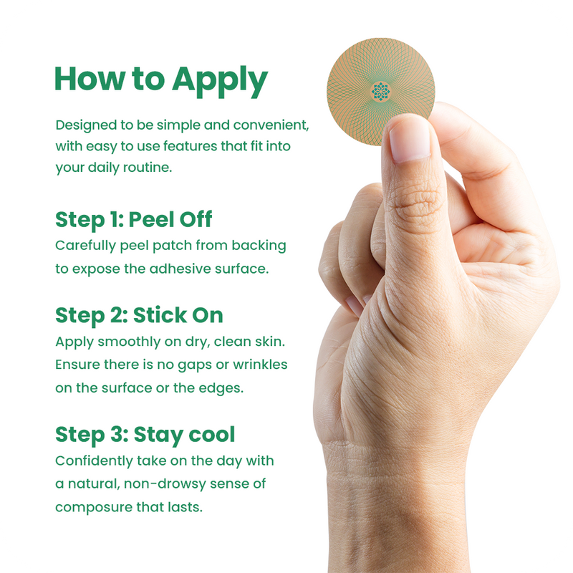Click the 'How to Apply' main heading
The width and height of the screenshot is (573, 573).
click(161, 80)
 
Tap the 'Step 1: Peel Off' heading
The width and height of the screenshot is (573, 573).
click(134, 220)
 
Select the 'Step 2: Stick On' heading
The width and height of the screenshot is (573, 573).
click(139, 315)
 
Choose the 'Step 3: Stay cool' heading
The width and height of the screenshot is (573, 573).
click(145, 435)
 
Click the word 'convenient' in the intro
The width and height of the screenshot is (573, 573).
click(271, 125)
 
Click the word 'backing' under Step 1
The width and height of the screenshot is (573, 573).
click(259, 246)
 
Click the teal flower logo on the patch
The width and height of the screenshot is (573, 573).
click(381, 92)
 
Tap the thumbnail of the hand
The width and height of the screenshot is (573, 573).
click(409, 139)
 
